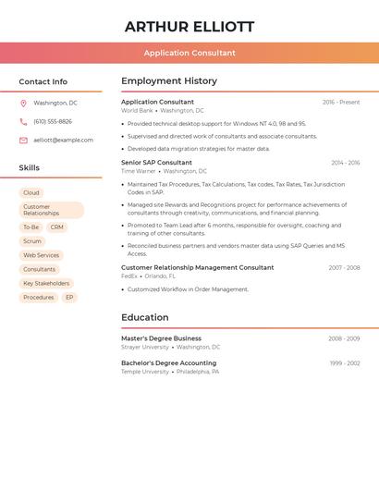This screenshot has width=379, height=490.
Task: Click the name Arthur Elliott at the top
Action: click(189, 27)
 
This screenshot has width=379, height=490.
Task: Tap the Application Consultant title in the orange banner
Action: click(189, 54)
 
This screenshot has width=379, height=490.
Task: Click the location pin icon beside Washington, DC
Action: click(23, 104)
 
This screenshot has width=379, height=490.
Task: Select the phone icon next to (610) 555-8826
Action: click(23, 122)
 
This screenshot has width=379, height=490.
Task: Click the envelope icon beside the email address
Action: click(23, 141)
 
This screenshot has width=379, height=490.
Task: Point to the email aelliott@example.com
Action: click(63, 141)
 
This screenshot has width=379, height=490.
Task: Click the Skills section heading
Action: click(30, 168)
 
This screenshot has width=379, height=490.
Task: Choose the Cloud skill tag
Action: click(31, 193)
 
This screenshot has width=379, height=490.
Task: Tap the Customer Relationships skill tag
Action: click(51, 210)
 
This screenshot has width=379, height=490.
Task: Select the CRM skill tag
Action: click(57, 227)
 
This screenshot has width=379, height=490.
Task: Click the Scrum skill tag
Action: click(32, 241)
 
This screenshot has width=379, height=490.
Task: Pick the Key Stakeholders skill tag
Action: click(46, 284)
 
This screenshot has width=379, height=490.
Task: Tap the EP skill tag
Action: click(69, 298)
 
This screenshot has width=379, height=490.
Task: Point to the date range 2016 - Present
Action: click(341, 103)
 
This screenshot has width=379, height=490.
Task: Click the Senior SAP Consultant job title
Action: click(156, 163)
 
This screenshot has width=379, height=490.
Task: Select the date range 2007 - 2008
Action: click(344, 268)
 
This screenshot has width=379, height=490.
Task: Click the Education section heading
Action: click(145, 318)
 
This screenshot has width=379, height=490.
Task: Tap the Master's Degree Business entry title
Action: click(161, 338)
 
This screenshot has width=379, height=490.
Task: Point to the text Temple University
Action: click(145, 372)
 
